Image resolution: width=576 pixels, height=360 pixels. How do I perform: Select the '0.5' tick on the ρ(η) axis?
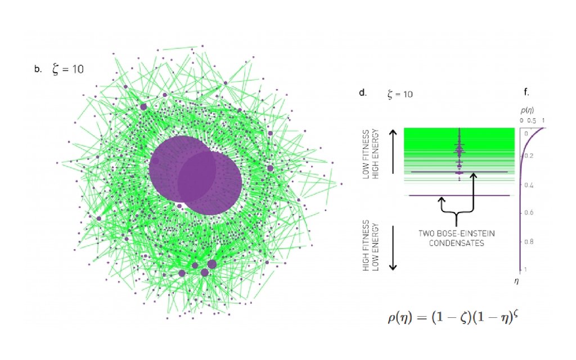pos(532,120)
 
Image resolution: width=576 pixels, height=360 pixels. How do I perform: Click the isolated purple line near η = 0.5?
pos(459,195)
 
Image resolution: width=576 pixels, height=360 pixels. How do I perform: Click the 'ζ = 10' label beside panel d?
pos(400,94)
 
